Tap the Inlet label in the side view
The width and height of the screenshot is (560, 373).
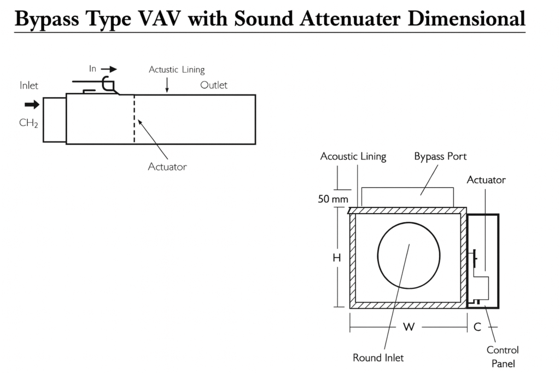click(29, 86)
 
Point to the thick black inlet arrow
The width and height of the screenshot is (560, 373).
click(32, 105)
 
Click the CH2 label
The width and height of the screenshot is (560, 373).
click(28, 123)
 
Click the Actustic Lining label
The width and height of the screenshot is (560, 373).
click(177, 70)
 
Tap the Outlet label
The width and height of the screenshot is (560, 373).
click(214, 85)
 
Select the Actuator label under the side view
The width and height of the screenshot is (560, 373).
click(167, 167)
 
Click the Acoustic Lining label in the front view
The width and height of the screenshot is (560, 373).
click(353, 157)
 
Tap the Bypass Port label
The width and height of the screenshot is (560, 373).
click(440, 157)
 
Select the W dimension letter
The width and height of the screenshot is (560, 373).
click(408, 327)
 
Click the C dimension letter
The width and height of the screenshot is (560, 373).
click(477, 327)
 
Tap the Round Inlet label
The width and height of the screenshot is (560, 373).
click(378, 358)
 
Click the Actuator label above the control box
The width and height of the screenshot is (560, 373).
click(486, 180)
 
